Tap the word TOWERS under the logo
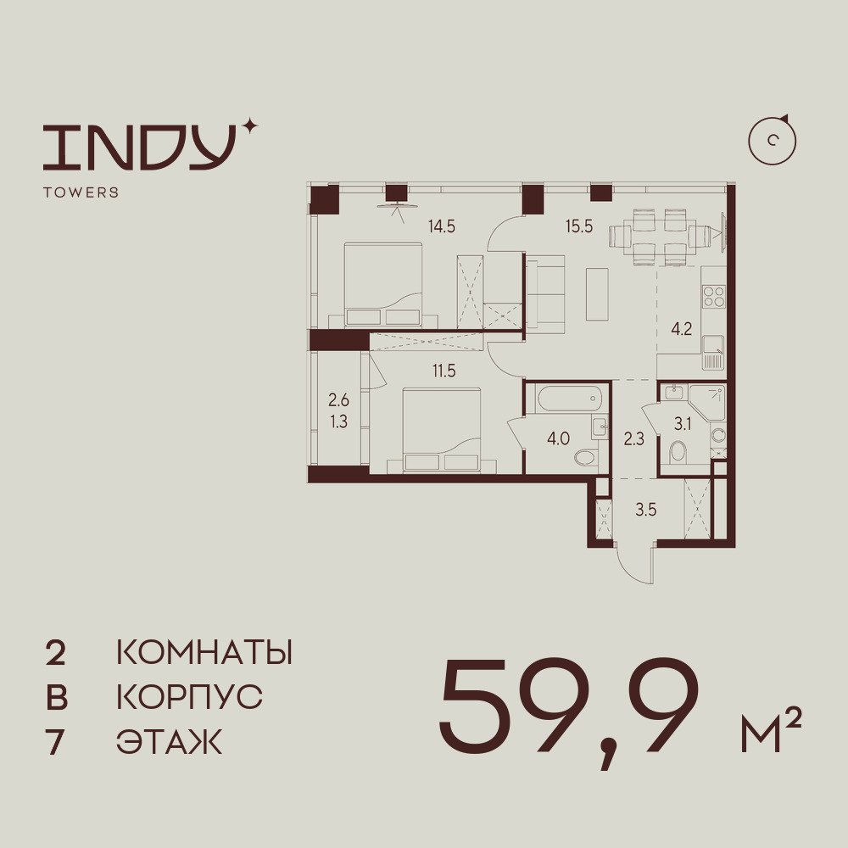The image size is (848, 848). click(81, 192)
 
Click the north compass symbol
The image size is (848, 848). click(773, 141)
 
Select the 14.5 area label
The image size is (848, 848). click(442, 226)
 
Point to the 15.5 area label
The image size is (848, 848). click(579, 226)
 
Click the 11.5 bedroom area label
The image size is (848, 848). click(444, 371)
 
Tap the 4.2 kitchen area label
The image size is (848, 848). click(682, 328)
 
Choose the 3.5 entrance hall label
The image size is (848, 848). click(645, 510)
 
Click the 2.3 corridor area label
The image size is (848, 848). click(633, 438)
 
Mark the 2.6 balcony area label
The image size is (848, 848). click(338, 401)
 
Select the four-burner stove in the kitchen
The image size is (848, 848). click(713, 296)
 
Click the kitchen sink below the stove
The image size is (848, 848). click(713, 353)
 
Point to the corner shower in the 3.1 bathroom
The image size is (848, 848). click(708, 403)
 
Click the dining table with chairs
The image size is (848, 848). click(666, 237)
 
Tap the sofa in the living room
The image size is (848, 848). click(545, 292)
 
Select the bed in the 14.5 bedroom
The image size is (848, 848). click(383, 285)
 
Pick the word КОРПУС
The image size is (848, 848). click(190, 697)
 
